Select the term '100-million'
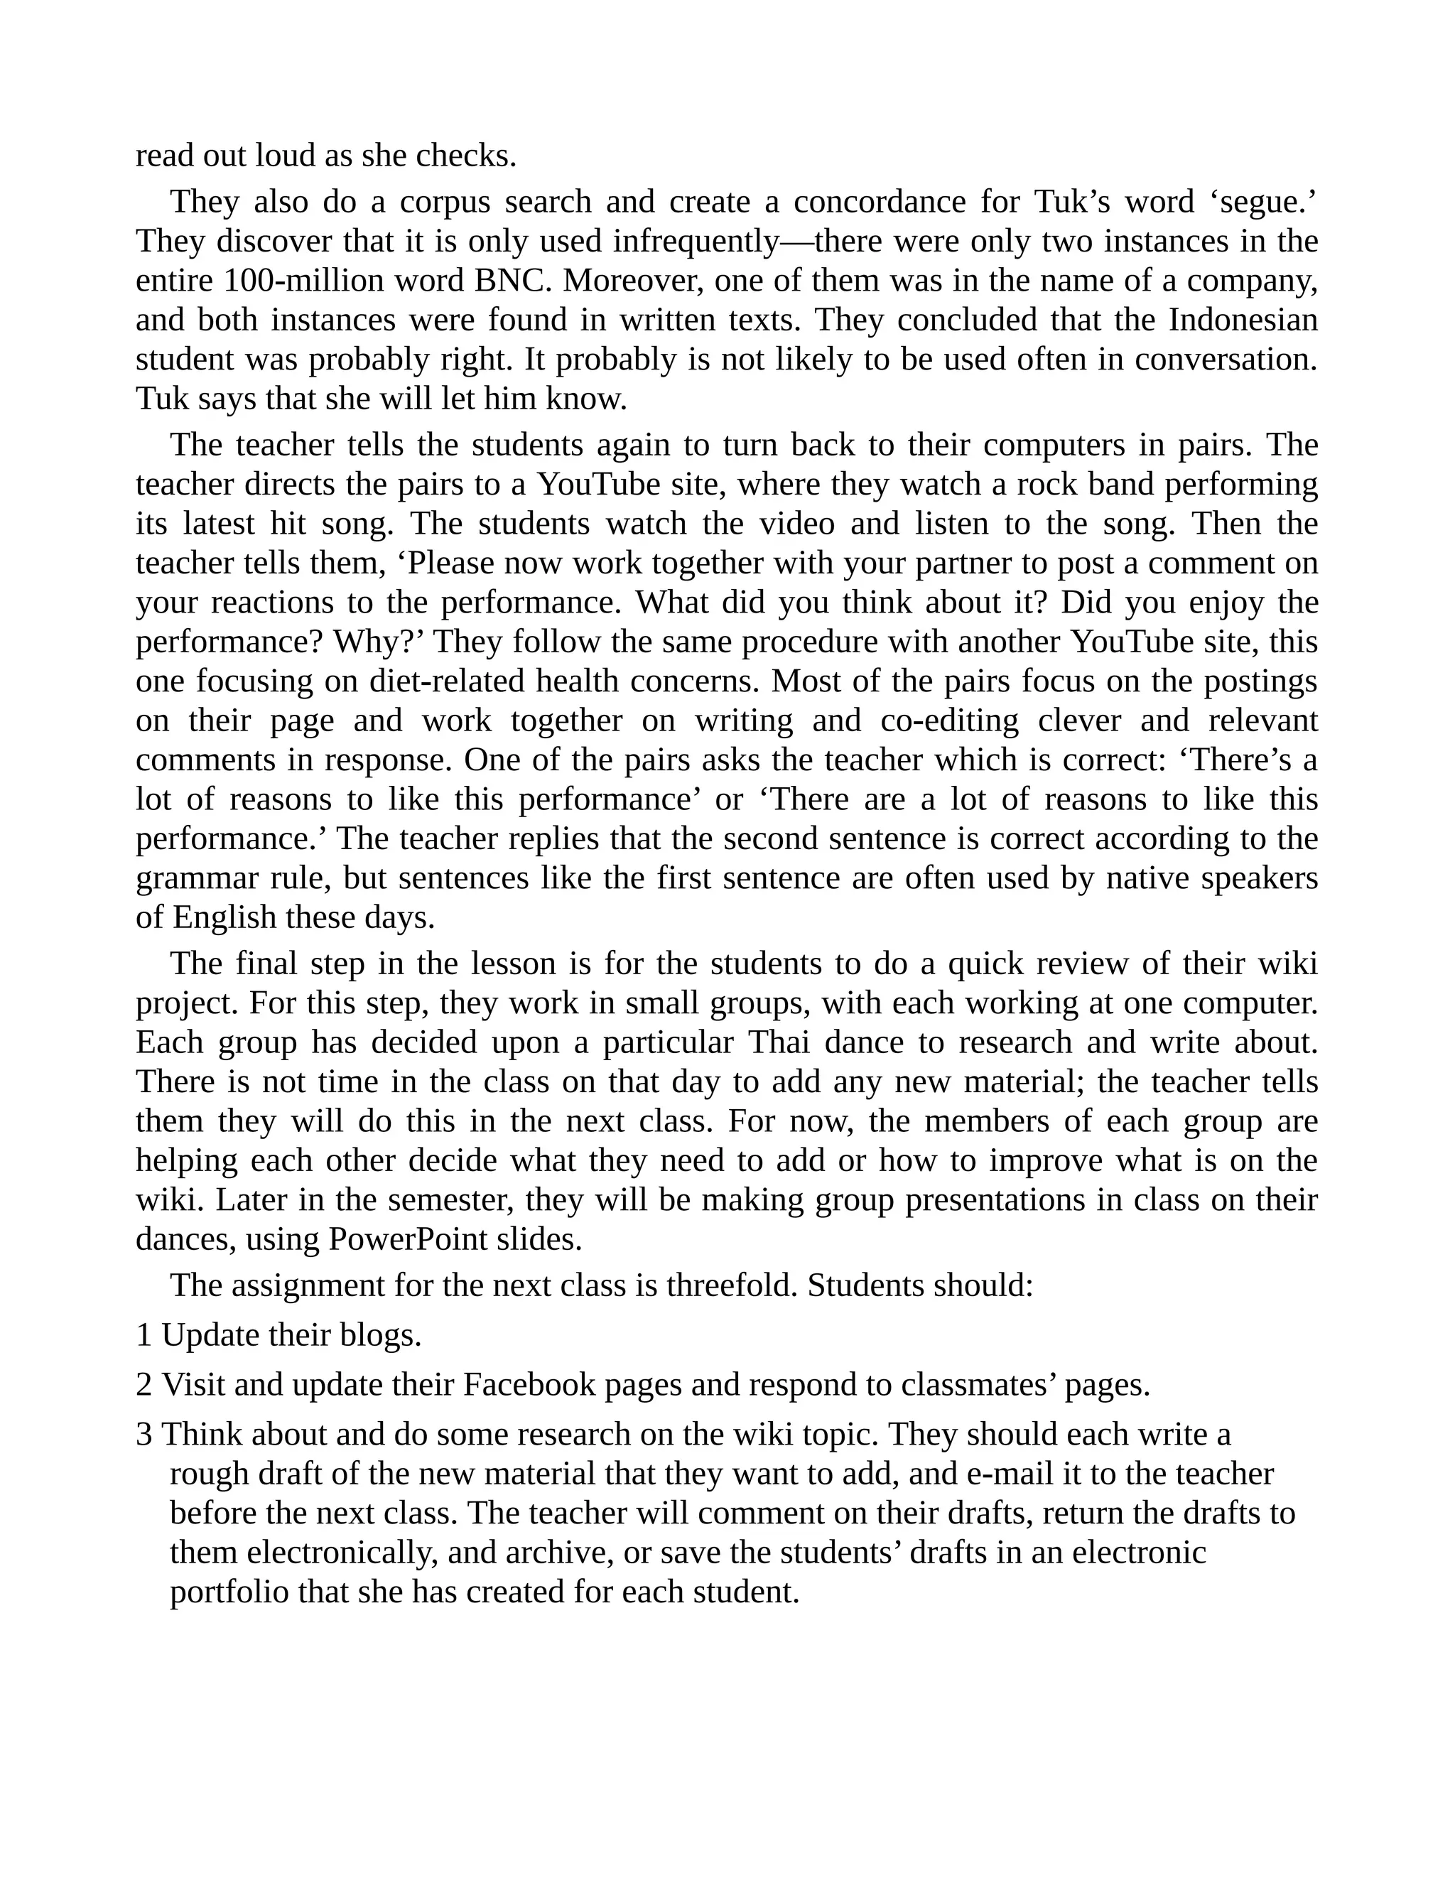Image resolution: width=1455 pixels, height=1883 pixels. (x=288, y=281)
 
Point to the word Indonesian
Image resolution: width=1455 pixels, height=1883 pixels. (x=1242, y=320)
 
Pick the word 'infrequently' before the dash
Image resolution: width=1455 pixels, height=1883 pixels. (x=695, y=242)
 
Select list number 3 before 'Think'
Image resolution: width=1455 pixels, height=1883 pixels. (x=144, y=1435)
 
